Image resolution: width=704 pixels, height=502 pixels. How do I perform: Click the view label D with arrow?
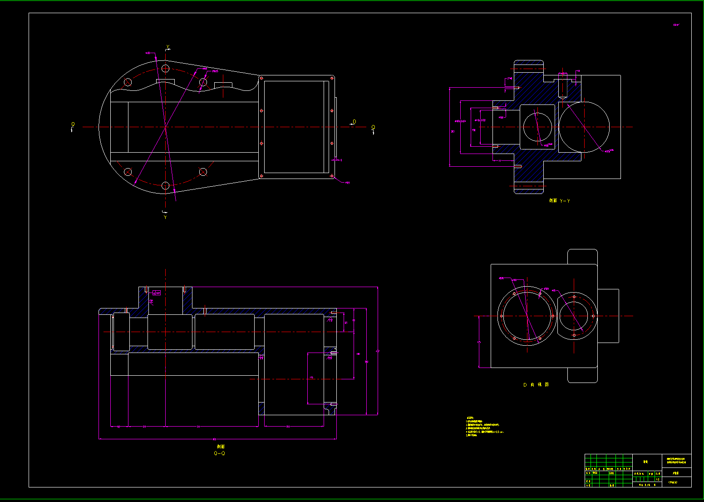click(354, 122)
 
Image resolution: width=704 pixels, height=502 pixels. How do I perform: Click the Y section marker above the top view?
click(167, 47)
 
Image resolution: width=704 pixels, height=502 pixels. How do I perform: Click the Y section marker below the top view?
click(165, 217)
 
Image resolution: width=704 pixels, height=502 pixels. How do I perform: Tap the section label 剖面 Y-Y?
click(559, 200)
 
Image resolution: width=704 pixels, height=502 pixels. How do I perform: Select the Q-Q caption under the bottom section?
click(219, 453)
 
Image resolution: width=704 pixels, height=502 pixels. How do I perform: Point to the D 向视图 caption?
click(536, 384)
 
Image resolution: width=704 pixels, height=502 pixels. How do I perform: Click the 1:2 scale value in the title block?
click(657, 479)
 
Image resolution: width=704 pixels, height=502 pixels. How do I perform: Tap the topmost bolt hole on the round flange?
click(166, 69)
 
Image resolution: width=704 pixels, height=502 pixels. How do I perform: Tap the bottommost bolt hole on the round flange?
click(166, 185)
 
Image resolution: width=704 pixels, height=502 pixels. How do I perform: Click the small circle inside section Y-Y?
click(537, 127)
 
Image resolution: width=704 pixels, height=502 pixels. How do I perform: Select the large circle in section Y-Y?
click(584, 127)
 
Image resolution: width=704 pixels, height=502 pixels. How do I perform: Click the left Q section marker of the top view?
click(73, 125)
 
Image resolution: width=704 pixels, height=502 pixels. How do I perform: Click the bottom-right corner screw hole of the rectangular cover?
click(332, 176)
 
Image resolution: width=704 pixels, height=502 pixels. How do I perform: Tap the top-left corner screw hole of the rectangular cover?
click(261, 78)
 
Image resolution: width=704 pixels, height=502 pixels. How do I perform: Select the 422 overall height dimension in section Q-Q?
click(378, 351)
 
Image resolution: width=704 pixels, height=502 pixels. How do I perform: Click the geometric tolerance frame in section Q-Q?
click(157, 293)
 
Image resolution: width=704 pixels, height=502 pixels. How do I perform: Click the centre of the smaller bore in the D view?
click(574, 316)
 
